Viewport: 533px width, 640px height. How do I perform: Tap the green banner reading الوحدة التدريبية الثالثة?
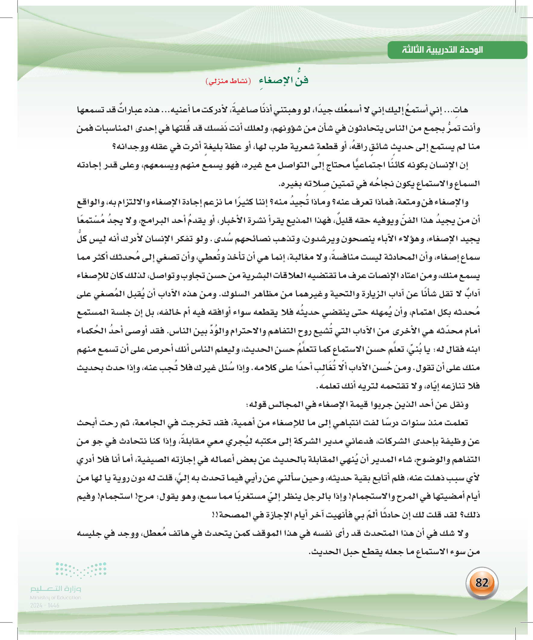pos(457,50)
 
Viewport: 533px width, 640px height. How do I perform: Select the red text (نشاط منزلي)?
pos(228,81)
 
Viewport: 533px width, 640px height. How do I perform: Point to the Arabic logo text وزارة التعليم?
pos(55,588)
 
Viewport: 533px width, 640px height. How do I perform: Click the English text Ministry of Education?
pos(55,598)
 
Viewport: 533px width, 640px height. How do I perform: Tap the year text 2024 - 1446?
pos(45,605)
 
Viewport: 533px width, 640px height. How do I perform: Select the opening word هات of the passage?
pos(461,110)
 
